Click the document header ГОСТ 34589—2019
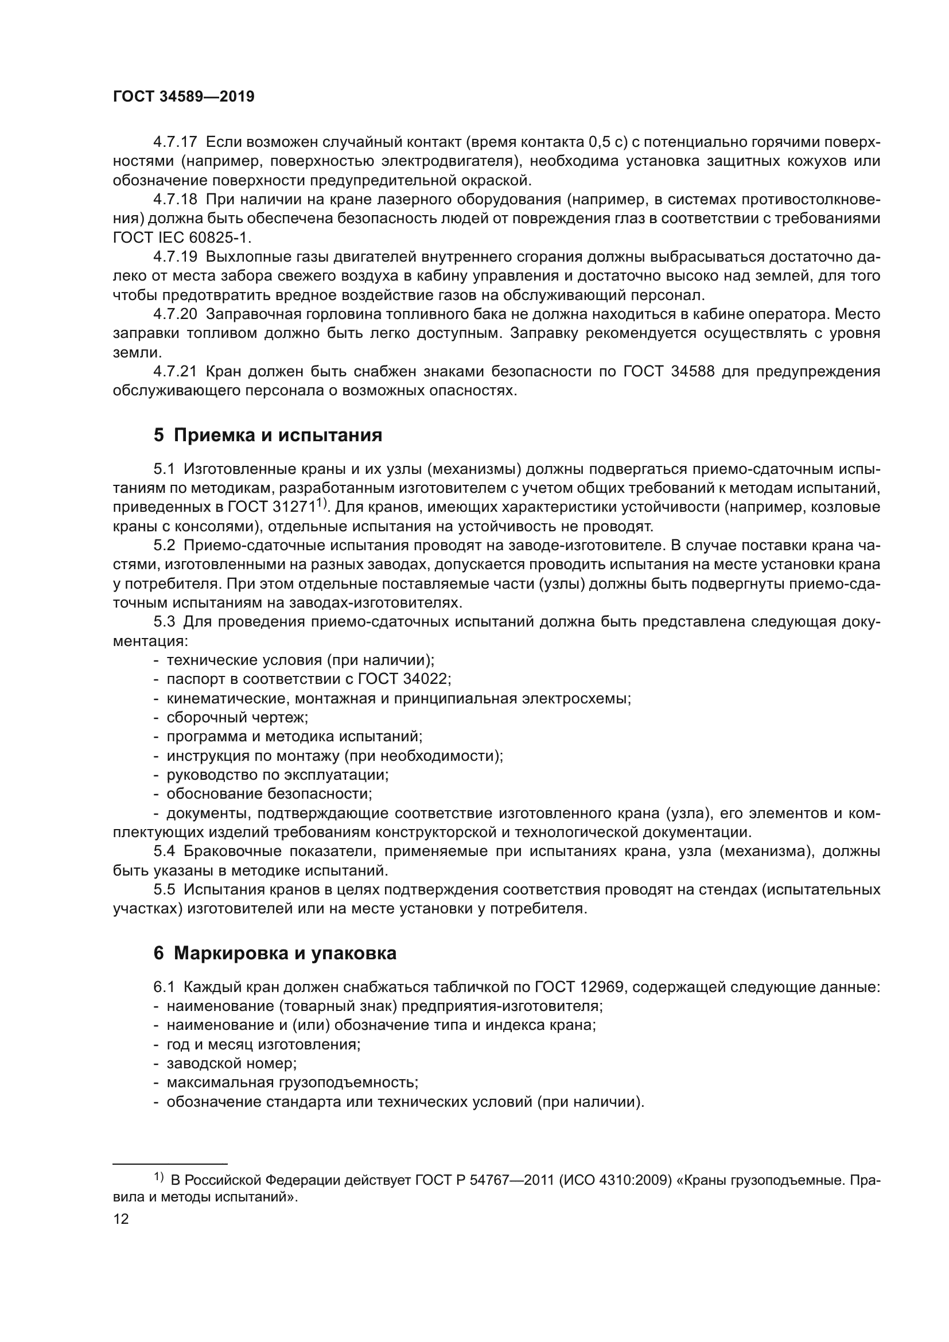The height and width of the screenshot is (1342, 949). pos(184,97)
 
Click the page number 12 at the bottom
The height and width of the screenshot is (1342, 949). pos(121,1219)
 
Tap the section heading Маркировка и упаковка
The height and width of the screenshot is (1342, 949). pos(275,953)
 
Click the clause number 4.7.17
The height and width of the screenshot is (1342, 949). pos(176,142)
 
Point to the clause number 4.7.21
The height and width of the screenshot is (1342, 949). pos(176,372)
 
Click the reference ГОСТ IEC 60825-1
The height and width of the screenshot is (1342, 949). pos(181,238)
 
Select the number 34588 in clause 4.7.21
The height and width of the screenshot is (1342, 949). pos(693,372)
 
